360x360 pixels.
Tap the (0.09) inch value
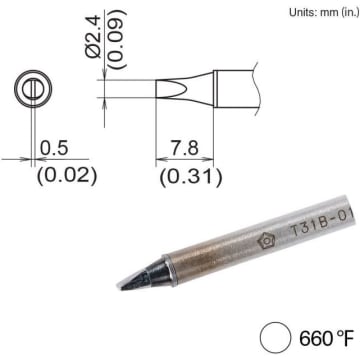point(117,39)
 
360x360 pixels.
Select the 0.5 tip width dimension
point(54,148)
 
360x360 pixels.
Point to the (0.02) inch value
point(67,176)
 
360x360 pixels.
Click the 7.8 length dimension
point(185,148)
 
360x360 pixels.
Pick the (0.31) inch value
point(191,177)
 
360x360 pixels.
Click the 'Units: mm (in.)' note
point(324,13)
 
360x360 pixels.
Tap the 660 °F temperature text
point(326,339)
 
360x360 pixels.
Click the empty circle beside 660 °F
point(274,337)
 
